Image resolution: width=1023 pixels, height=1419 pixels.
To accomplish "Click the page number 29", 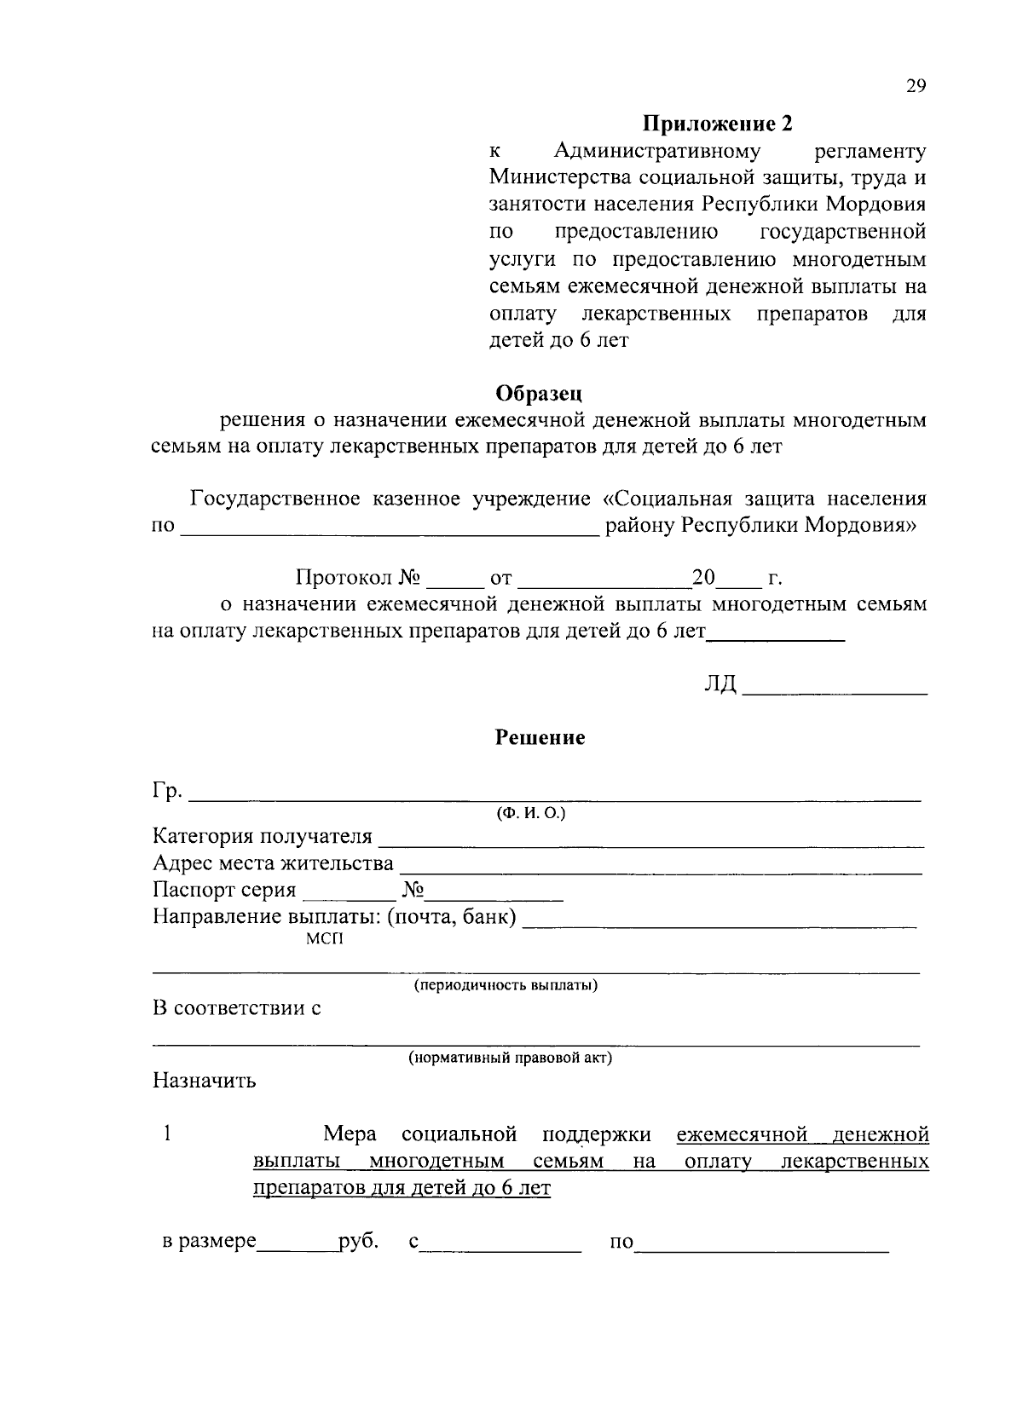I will [916, 86].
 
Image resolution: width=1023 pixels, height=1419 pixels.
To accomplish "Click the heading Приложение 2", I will [717, 124].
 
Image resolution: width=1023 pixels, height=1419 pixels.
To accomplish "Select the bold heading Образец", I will [539, 394].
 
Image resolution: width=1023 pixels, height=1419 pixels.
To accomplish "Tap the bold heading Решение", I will [540, 738].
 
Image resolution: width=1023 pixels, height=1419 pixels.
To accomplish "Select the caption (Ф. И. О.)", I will [531, 814].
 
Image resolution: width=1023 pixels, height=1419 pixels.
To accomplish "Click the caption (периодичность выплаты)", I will [506, 986].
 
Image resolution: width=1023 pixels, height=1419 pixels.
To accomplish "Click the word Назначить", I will [205, 1082].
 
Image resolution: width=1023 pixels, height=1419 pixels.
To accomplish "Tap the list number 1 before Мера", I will [168, 1134].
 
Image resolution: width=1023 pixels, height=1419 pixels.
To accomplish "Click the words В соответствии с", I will [236, 1009].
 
